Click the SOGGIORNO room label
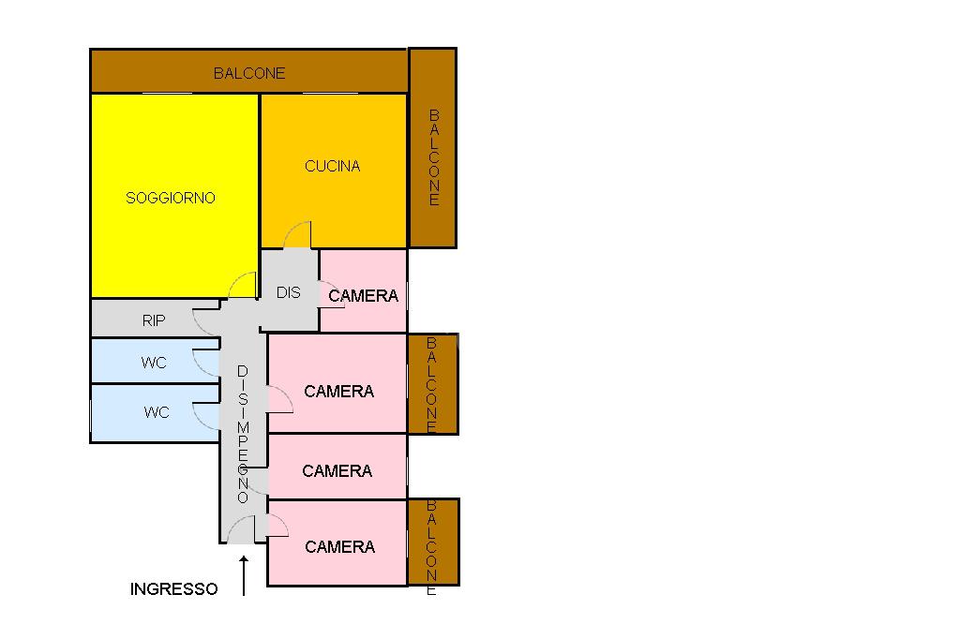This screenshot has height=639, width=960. click(x=171, y=198)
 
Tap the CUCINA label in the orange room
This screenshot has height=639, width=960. click(x=333, y=167)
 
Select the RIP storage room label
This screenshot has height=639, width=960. click(x=154, y=320)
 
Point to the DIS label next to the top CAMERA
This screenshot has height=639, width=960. click(x=289, y=292)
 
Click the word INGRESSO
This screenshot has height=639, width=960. click(x=173, y=589)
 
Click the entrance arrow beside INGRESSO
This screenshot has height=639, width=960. click(x=244, y=575)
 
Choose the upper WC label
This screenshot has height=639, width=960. click(x=154, y=363)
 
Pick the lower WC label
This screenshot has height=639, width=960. click(x=157, y=412)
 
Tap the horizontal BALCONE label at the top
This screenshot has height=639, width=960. click(x=249, y=72)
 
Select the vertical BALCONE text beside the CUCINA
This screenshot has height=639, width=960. click(x=433, y=157)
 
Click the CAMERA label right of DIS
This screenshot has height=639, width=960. click(x=364, y=296)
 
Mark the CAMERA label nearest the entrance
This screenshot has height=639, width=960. click(x=339, y=547)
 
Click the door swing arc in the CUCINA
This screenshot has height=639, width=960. click(x=298, y=234)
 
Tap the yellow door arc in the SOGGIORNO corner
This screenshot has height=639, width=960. click(x=243, y=285)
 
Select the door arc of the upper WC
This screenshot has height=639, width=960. click(x=204, y=361)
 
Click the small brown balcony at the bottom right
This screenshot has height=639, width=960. click(x=433, y=542)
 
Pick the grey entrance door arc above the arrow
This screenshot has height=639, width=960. click(x=242, y=529)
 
